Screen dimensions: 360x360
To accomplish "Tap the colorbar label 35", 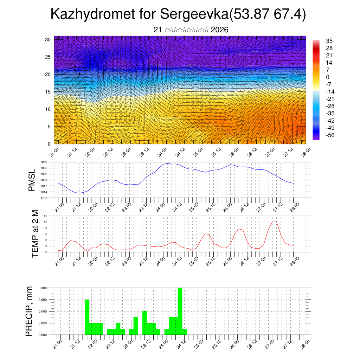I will (329, 41).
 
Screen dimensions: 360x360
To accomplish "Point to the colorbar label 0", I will (328, 77).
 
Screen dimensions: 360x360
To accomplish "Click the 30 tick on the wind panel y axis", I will (48, 39).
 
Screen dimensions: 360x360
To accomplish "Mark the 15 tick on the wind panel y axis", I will (48, 92).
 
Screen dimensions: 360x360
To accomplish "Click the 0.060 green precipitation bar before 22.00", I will (87, 317).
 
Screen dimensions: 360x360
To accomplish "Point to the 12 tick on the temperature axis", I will (45, 222).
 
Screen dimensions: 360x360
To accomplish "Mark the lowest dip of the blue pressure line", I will (75, 192).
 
